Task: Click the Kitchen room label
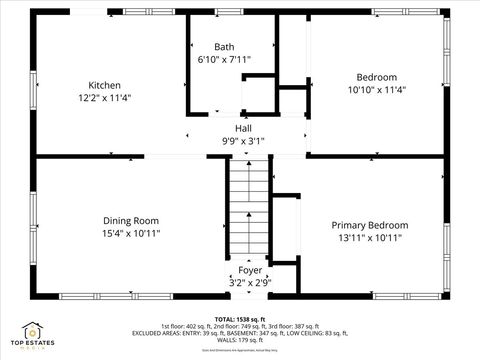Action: point(104,85)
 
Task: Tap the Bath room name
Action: point(224,47)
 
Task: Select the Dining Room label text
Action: point(131,221)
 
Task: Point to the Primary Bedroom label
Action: point(370,226)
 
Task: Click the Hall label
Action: point(243,128)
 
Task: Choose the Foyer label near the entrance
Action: point(249,270)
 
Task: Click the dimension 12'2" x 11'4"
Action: point(104,98)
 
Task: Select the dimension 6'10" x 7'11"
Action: point(224,60)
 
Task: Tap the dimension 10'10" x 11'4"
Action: point(377,90)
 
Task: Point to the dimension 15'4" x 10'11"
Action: point(131,233)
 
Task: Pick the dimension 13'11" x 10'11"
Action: point(370,238)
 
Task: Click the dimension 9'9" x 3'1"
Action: point(243,141)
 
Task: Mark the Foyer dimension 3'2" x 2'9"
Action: point(249,283)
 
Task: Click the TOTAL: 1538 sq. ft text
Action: point(240,318)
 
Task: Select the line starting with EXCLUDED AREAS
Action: point(240,332)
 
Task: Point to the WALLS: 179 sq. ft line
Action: point(240,339)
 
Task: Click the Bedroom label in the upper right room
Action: point(377,77)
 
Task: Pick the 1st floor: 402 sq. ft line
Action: point(240,325)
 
